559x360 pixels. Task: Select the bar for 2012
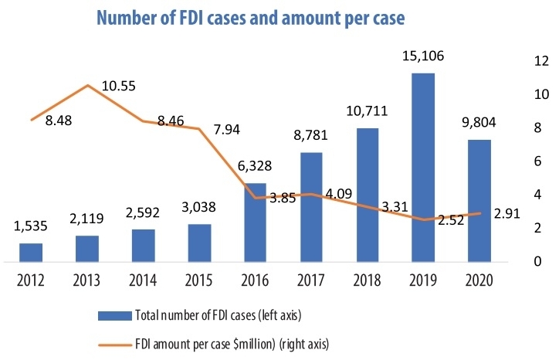pyautogui.click(x=30, y=253)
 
